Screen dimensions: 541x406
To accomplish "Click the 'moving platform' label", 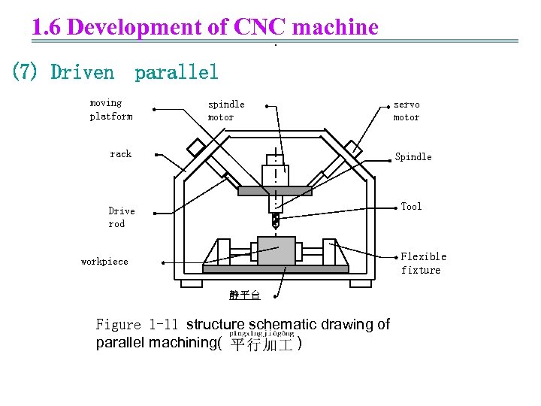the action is click(x=111, y=110).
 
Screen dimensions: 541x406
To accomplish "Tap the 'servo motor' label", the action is click(x=407, y=111).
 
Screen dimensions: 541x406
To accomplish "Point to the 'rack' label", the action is click(x=120, y=154).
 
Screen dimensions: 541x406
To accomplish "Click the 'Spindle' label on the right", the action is click(x=413, y=157).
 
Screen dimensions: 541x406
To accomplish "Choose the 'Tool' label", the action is click(x=411, y=207).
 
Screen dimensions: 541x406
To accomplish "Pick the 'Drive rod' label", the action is click(x=122, y=217).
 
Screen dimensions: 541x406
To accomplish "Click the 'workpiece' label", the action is click(x=104, y=262).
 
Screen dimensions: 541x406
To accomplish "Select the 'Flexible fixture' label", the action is click(x=423, y=263).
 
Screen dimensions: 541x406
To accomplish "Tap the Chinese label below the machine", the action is click(x=245, y=295).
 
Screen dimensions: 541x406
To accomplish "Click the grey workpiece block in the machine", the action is click(x=276, y=250).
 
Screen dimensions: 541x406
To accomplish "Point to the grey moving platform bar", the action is click(x=274, y=191).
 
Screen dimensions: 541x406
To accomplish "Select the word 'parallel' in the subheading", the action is click(x=177, y=72).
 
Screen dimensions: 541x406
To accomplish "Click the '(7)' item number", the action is click(x=26, y=72).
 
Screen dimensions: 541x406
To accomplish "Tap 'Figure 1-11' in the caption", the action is click(x=137, y=325).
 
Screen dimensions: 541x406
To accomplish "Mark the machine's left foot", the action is click(x=192, y=283).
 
